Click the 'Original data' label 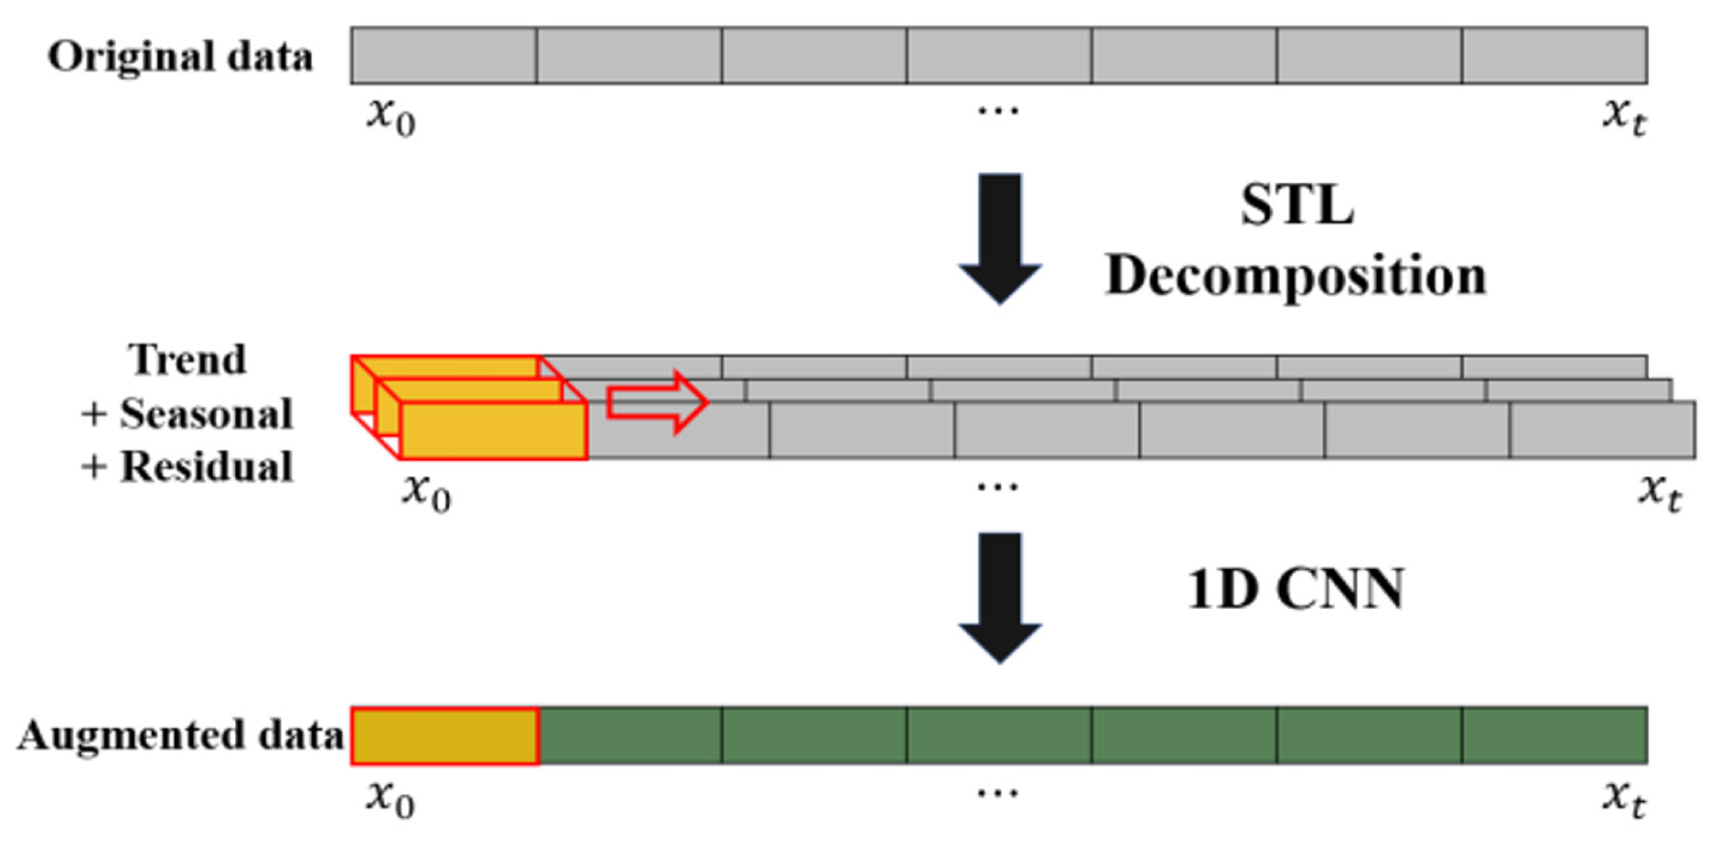[x=180, y=57]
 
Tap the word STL [x=1297, y=205]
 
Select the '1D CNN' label [x=1296, y=589]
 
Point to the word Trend [x=187, y=359]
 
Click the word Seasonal [x=206, y=414]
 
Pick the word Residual [x=206, y=466]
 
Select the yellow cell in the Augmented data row [x=444, y=736]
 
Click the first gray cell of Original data [x=444, y=56]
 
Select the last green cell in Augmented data [x=1554, y=736]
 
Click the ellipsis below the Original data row [x=998, y=110]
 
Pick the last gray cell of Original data [x=1554, y=56]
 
